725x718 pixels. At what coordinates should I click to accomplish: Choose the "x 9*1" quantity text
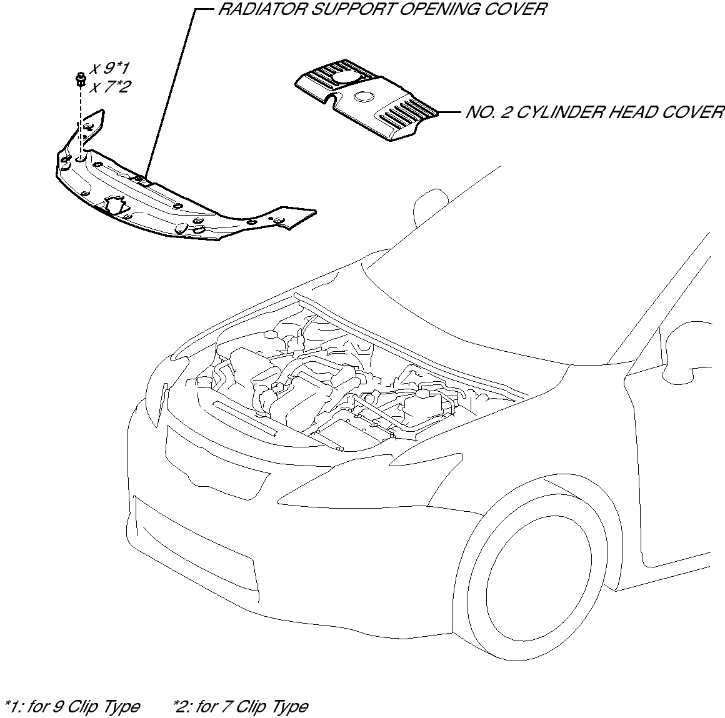point(110,68)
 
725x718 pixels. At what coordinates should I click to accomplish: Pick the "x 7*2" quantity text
point(110,86)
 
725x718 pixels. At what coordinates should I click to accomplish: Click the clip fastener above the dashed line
point(81,79)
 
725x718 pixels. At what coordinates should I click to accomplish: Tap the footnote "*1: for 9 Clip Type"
point(72,707)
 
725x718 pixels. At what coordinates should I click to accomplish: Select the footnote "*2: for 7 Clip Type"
point(241,707)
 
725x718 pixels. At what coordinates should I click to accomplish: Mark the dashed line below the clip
point(81,122)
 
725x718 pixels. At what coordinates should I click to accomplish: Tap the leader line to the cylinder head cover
point(449,112)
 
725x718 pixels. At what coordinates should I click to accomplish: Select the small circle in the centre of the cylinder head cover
point(364,97)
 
